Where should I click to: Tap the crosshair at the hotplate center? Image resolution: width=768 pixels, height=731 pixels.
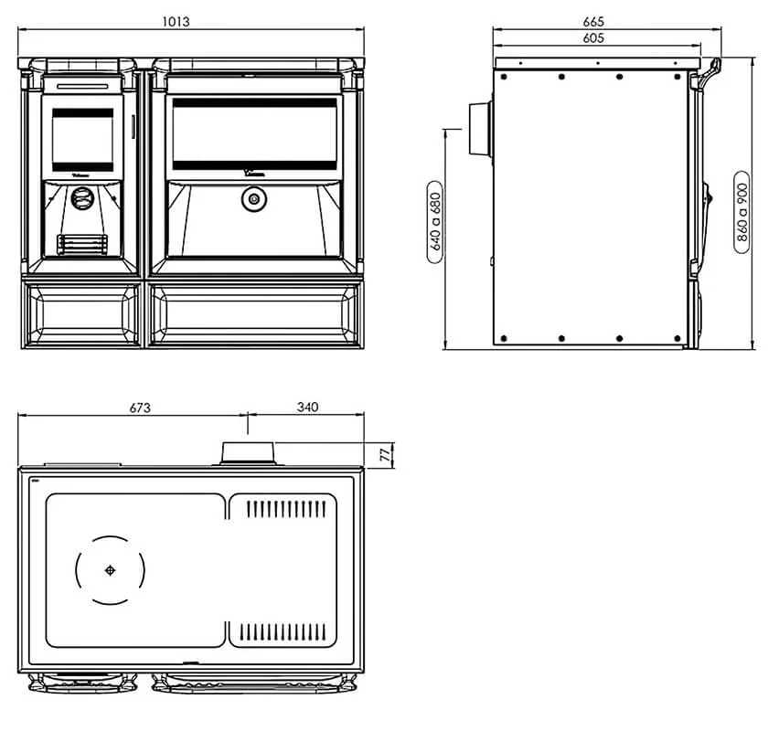[111, 571]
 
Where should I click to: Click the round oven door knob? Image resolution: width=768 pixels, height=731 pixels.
[251, 198]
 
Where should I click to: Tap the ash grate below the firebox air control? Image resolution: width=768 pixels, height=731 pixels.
[82, 244]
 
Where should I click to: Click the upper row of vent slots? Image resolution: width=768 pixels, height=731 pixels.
[285, 507]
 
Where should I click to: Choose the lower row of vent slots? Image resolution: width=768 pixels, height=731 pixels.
[285, 630]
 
